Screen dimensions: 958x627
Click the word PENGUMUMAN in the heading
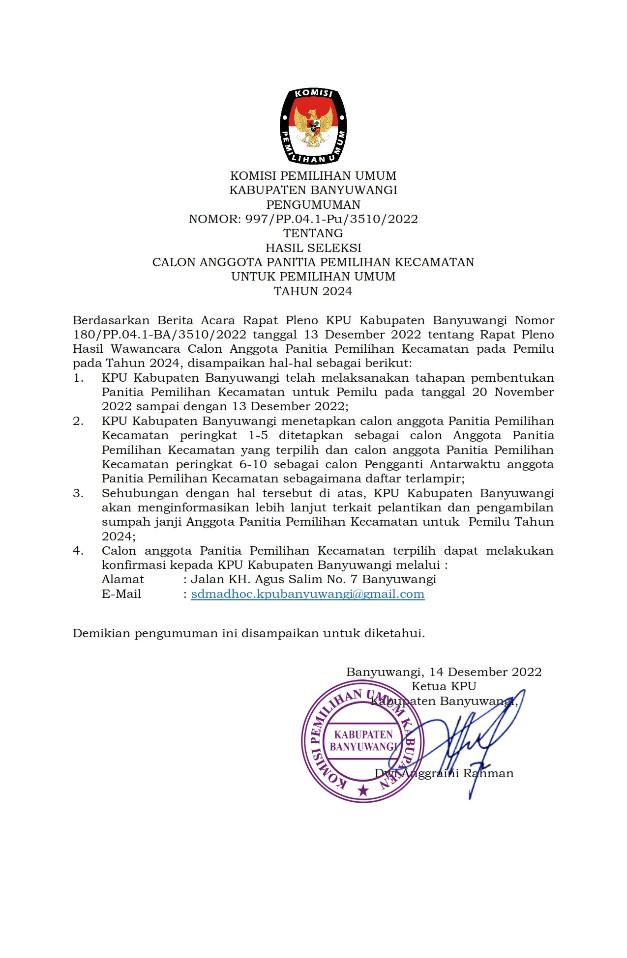point(313,204)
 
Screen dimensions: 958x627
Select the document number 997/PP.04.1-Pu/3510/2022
point(331,219)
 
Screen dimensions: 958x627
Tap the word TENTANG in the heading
point(313,233)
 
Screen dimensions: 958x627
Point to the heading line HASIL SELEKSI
point(313,248)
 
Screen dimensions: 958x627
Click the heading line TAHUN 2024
point(313,291)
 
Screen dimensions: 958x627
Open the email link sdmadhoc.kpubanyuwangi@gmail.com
point(307,594)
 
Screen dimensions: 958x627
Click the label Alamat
point(122,580)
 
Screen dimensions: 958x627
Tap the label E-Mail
point(121,594)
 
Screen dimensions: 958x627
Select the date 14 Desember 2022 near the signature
point(485,672)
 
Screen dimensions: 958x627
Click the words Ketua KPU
point(444,686)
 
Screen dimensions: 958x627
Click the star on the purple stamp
point(363,790)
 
